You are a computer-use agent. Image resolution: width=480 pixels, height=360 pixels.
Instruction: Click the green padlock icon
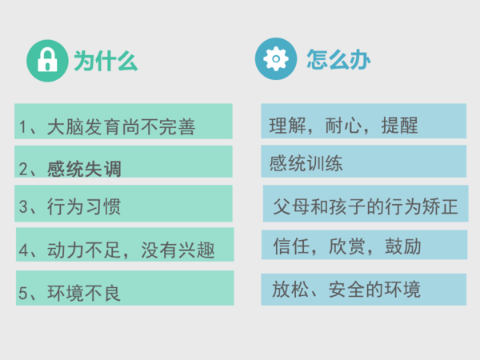[x=47, y=61]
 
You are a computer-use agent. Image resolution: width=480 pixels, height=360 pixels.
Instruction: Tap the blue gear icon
[x=276, y=58]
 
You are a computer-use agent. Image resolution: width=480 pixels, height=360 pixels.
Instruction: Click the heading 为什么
[x=106, y=61]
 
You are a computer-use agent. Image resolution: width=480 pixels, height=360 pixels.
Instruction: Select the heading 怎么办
[x=338, y=59]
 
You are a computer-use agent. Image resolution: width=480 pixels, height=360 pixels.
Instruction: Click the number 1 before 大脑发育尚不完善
[x=22, y=126]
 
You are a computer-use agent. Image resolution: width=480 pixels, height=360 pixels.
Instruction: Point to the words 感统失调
[x=84, y=169]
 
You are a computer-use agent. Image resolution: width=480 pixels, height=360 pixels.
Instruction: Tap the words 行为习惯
[x=84, y=206]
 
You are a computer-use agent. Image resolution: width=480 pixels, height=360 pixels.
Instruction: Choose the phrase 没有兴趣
[x=178, y=250]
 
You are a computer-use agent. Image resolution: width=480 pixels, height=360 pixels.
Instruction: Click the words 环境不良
[x=84, y=293]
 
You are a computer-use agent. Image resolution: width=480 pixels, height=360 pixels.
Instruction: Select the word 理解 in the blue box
[x=288, y=126]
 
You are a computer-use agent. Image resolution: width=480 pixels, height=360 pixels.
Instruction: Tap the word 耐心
[x=343, y=126]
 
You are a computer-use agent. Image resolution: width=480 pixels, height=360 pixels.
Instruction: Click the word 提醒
[x=399, y=126]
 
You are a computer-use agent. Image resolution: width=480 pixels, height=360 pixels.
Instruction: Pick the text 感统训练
[x=306, y=163]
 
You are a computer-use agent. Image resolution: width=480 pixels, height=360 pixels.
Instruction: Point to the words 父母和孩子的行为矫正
[x=366, y=206]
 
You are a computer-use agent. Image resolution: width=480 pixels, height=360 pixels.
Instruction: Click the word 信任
[x=291, y=246]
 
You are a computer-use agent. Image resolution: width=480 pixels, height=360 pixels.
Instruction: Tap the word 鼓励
[x=403, y=246]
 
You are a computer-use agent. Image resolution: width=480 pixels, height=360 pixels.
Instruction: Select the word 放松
[x=290, y=289]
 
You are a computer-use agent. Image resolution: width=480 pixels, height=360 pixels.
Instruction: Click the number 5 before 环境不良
[x=23, y=293]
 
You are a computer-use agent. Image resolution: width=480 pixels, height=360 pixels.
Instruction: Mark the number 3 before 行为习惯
[x=23, y=206]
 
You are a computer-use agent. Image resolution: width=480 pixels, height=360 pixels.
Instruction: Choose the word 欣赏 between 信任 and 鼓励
[x=347, y=246]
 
